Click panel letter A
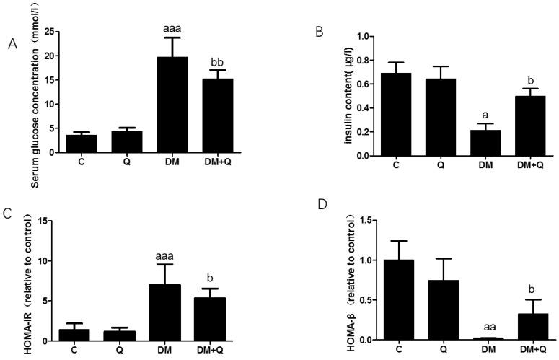(12, 44)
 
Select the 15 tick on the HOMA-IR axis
(50, 221)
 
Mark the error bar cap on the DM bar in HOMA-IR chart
(172, 265)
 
